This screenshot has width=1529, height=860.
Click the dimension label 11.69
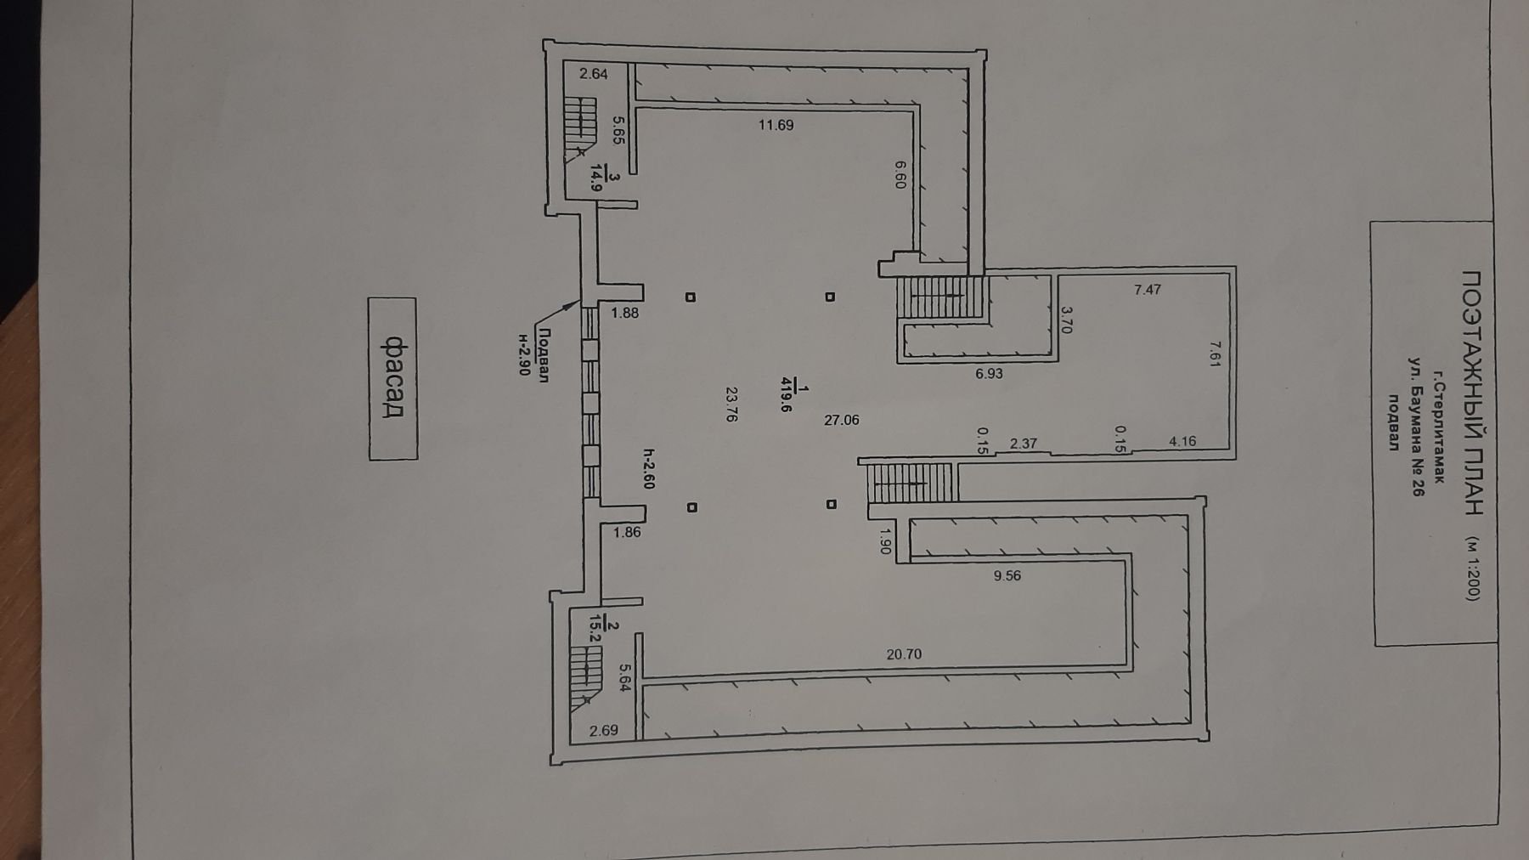pyautogui.click(x=776, y=125)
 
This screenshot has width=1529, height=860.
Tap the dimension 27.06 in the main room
pyautogui.click(x=842, y=419)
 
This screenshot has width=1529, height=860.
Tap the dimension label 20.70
pyautogui.click(x=904, y=654)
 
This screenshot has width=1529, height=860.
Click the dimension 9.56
pyautogui.click(x=1007, y=575)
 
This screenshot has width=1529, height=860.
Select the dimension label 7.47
pyautogui.click(x=1147, y=289)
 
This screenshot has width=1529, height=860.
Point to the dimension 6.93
pyautogui.click(x=990, y=373)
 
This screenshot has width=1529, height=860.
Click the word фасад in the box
pyautogui.click(x=392, y=377)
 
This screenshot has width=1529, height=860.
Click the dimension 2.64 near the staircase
pyautogui.click(x=594, y=74)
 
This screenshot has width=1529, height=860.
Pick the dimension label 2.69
pyautogui.click(x=604, y=730)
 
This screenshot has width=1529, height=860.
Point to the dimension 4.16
pyautogui.click(x=1182, y=441)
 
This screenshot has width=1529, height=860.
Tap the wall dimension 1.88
pyautogui.click(x=624, y=313)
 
